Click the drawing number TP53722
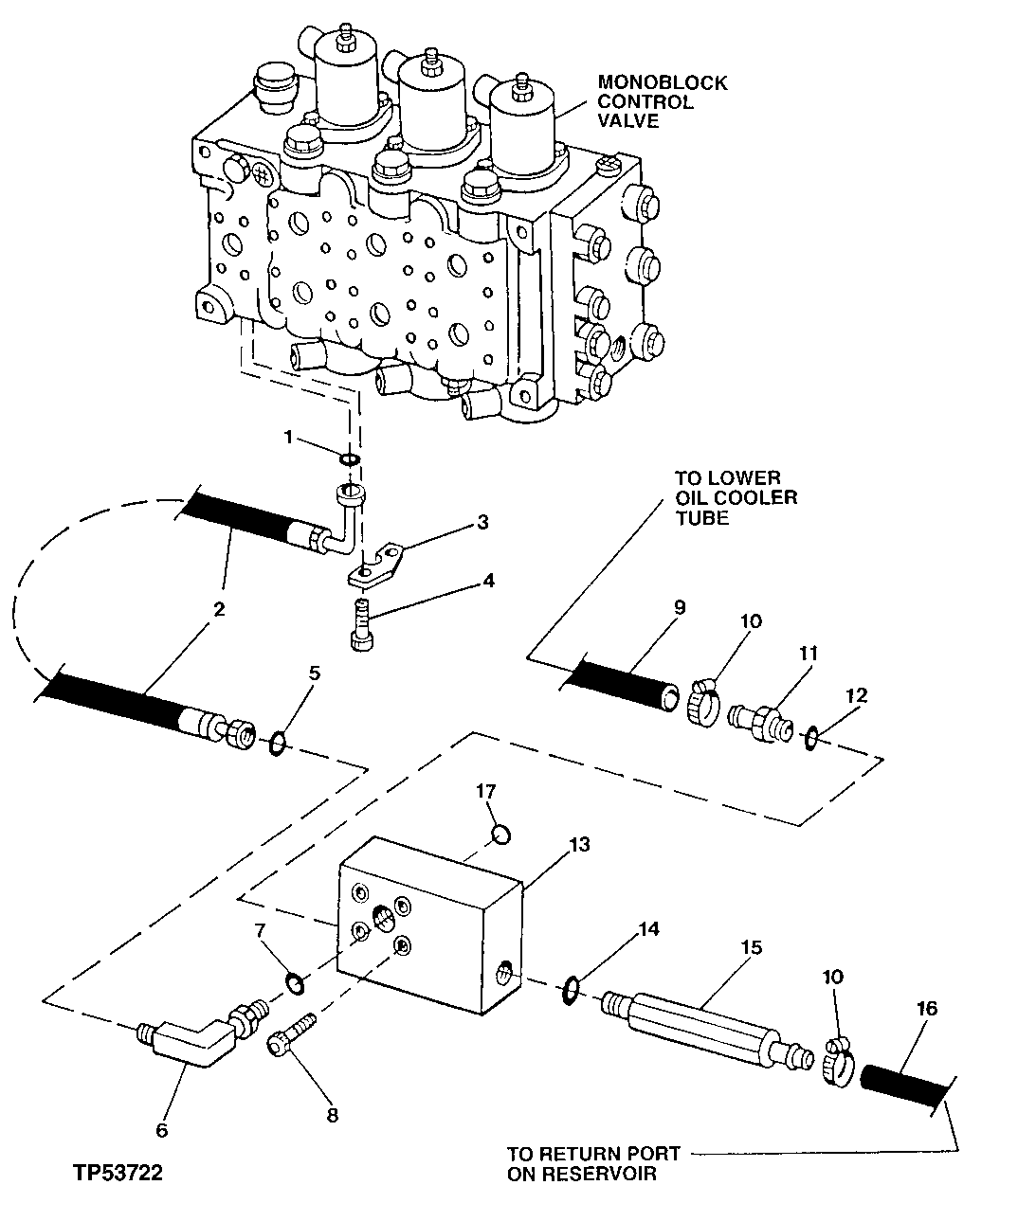point(118,1174)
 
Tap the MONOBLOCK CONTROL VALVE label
point(662,102)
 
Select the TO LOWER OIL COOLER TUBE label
point(735,497)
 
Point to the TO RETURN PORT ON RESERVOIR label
point(592,1163)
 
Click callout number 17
point(486,791)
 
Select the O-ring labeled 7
point(296,985)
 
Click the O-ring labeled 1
point(349,459)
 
